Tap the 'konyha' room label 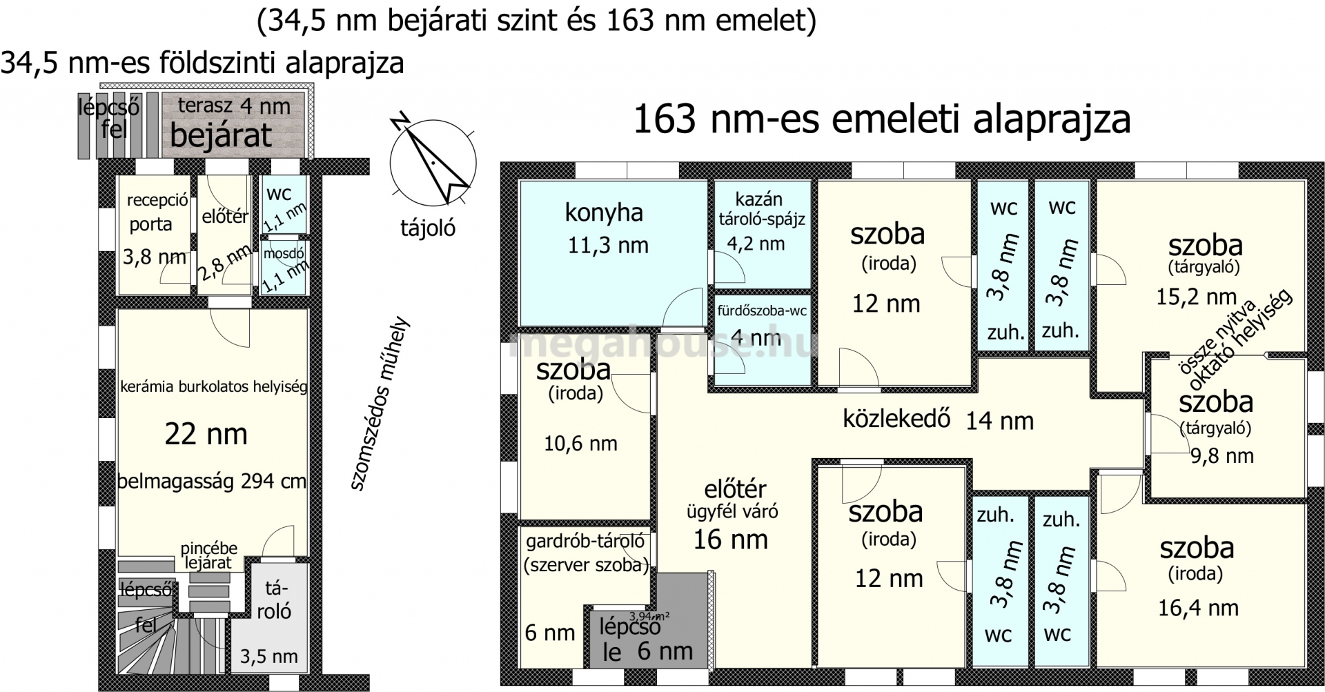point(604,213)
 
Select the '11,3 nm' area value point(608,245)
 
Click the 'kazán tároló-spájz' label point(761,210)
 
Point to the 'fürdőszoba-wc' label point(762,310)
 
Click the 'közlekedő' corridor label point(896,419)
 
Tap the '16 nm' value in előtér point(730,540)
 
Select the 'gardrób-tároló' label point(585,541)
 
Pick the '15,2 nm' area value point(1197,297)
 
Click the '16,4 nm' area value point(1198,608)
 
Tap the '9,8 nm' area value point(1222,455)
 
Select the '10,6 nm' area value point(580,444)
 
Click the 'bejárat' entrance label point(221,136)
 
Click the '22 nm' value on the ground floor point(206,434)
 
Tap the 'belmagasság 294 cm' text point(212,481)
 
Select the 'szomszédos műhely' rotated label point(379,404)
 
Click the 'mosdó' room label point(284,254)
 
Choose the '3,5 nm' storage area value point(269,655)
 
